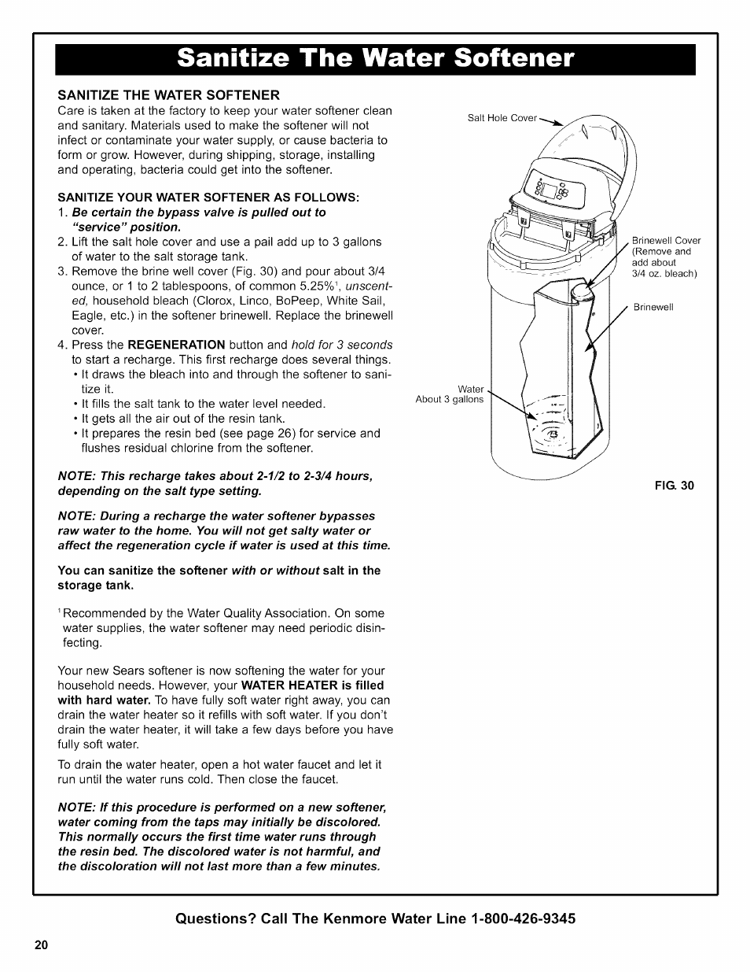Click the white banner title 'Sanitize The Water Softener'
[x=375, y=59]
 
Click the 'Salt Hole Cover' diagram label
[x=502, y=118]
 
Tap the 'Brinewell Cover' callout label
[x=666, y=241]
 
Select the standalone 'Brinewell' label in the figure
[x=653, y=307]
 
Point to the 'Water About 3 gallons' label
[x=450, y=394]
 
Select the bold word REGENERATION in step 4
[x=176, y=345]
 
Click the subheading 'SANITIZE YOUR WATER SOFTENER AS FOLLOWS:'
[x=208, y=196]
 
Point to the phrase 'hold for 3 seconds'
[x=341, y=345]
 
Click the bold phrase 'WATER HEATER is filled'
[x=313, y=686]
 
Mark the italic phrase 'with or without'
[x=275, y=571]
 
